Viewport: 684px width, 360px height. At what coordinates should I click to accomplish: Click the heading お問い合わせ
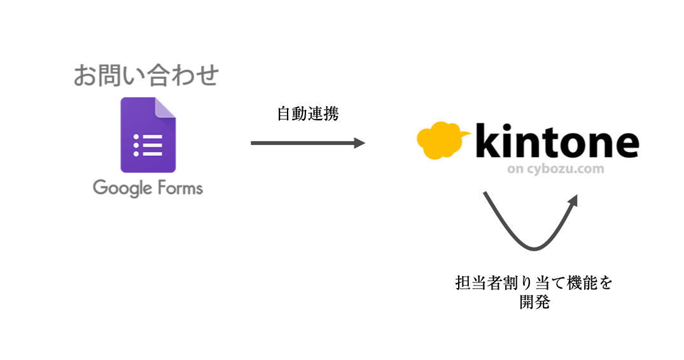(x=146, y=76)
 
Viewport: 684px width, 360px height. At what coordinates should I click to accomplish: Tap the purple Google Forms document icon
(x=148, y=135)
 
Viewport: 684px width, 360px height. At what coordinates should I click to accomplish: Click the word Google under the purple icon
(x=121, y=188)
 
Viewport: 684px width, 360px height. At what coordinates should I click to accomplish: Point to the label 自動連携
(x=308, y=114)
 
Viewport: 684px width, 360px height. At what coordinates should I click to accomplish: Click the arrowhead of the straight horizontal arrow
(x=359, y=143)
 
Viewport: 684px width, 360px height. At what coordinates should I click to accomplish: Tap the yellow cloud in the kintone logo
(x=442, y=141)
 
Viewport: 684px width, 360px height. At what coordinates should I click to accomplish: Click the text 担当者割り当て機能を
(x=533, y=282)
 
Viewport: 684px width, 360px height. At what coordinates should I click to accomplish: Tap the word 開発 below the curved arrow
(x=533, y=302)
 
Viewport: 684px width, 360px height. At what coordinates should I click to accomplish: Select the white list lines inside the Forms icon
(x=148, y=146)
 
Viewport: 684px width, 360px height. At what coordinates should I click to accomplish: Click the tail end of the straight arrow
(x=253, y=143)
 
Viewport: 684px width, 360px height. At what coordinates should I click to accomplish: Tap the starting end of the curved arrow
(x=485, y=193)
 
